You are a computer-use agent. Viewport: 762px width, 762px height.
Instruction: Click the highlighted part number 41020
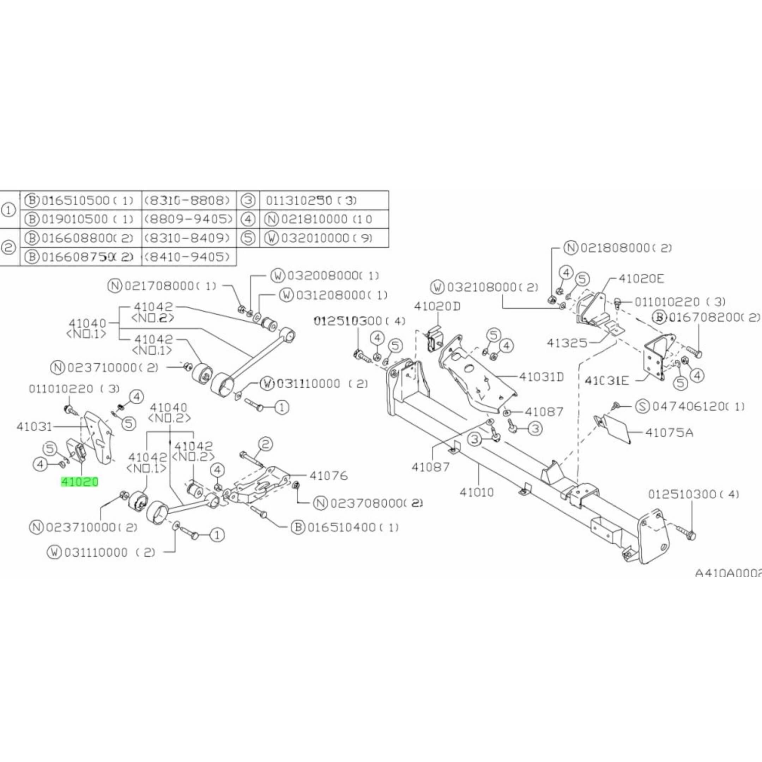[79, 482]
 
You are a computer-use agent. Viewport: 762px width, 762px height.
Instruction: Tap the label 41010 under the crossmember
[477, 492]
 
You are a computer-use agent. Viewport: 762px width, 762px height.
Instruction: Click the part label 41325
[567, 343]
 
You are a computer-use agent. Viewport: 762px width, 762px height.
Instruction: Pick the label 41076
[328, 476]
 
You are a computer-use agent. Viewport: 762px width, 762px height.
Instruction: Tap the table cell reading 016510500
[75, 201]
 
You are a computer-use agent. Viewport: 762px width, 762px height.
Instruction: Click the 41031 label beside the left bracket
[35, 427]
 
